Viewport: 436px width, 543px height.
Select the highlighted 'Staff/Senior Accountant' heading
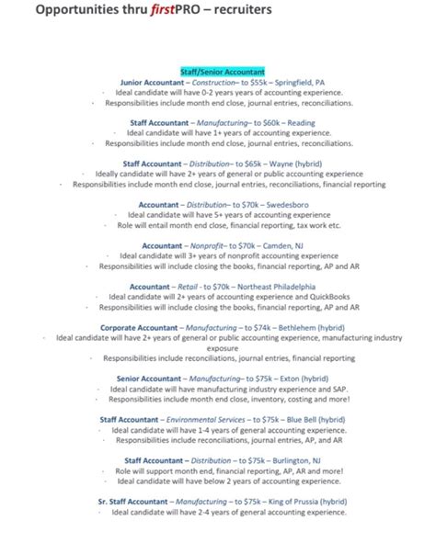(222, 70)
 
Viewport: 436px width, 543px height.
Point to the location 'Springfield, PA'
(300, 81)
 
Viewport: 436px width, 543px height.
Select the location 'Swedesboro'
(289, 204)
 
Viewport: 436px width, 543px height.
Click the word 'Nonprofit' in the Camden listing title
(208, 245)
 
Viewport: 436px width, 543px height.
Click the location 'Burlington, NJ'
(292, 460)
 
